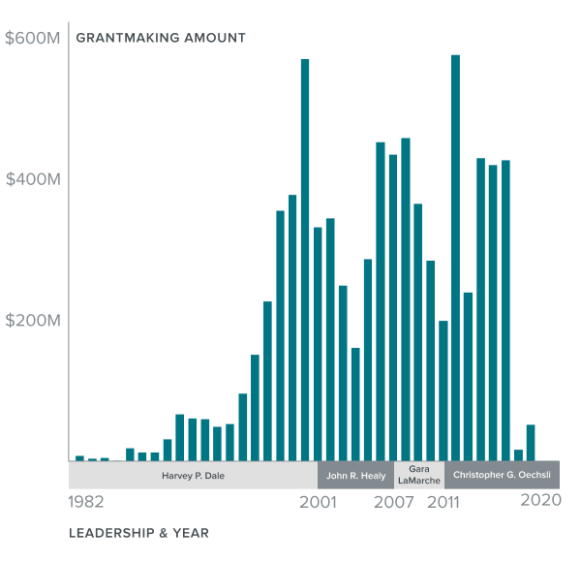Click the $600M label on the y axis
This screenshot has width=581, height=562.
(33, 39)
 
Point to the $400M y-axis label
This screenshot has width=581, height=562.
(33, 180)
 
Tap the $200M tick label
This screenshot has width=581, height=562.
(33, 321)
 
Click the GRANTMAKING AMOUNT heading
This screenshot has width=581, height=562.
(161, 39)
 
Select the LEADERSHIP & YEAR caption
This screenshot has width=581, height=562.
(138, 533)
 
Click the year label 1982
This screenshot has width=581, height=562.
(86, 502)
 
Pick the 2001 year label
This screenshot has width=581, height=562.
(318, 502)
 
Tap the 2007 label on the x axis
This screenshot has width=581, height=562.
(394, 502)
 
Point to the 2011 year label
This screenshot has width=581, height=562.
(444, 502)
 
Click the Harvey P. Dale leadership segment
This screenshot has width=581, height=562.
(193, 476)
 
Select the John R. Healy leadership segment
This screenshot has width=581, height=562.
(355, 476)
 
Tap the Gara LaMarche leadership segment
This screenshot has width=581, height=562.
(419, 475)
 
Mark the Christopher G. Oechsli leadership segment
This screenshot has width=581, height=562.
(502, 476)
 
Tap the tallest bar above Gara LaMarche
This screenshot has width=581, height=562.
(406, 299)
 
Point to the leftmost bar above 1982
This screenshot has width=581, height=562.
(79, 458)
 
